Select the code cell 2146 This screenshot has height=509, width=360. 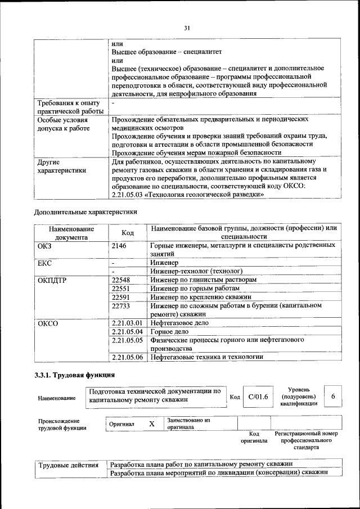pyautogui.click(x=119, y=246)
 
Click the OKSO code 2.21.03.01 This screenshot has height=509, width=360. pyautogui.click(x=127, y=323)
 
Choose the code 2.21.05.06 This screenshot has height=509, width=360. pyautogui.click(x=127, y=357)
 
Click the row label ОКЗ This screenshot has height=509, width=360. pyautogui.click(x=44, y=246)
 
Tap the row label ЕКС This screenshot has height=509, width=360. pyautogui.click(x=44, y=263)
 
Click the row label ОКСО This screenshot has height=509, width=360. pyautogui.click(x=47, y=323)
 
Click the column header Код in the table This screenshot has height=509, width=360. pyautogui.click(x=128, y=233)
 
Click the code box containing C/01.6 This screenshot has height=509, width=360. pyautogui.click(x=258, y=397)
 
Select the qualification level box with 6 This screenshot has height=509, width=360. pyautogui.click(x=333, y=397)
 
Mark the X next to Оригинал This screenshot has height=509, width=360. pyautogui.click(x=151, y=424)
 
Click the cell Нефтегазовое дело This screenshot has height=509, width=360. pyautogui.click(x=179, y=323)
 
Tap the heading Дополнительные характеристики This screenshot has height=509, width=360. pyautogui.click(x=85, y=212)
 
